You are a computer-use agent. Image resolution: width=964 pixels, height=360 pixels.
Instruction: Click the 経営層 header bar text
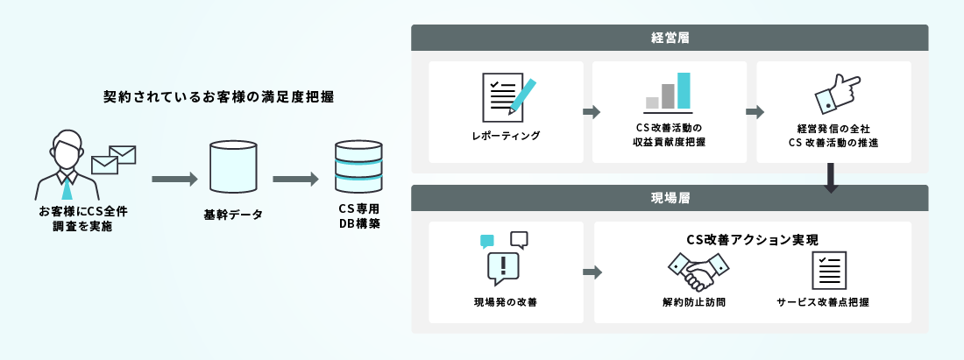coord(670,38)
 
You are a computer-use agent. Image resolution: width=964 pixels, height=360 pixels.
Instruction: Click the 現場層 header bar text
coord(670,198)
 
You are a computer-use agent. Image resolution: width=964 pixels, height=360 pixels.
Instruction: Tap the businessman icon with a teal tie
coord(66,166)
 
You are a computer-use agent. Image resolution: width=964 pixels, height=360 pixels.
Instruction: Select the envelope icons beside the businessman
coord(114,159)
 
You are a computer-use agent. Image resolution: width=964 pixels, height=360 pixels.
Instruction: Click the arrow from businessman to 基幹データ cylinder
coord(174,180)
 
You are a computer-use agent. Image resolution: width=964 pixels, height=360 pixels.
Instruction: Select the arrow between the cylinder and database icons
coord(295,180)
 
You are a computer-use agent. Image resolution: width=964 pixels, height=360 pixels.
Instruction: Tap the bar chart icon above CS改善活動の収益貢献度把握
coord(669,92)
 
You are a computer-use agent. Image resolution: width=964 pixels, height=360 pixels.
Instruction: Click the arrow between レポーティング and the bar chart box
coord(591,112)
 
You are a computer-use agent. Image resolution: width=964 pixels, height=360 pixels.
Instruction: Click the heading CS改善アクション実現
coord(752,239)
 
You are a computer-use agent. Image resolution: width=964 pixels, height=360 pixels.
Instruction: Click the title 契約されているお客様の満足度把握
coord(218,96)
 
